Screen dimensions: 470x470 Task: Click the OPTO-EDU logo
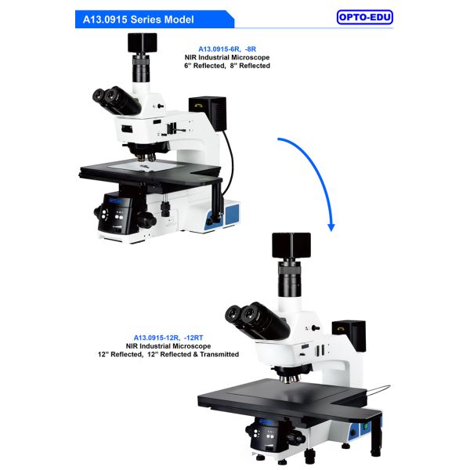(x=364, y=17)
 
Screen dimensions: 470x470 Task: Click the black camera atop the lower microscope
(x=291, y=244)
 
